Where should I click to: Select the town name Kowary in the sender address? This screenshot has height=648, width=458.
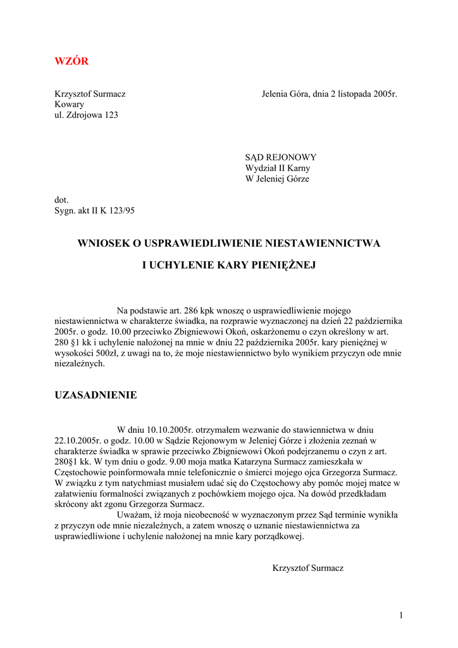coord(69,104)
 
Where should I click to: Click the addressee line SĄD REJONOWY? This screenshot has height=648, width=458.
coord(281,157)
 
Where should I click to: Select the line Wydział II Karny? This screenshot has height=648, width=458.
coord(278,168)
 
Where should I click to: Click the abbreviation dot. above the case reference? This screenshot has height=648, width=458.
coord(61,199)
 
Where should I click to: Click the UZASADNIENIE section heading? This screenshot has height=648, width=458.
coord(96,395)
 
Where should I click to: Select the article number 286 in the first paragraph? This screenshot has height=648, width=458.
coord(191,311)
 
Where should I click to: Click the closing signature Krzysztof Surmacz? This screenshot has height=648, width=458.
coord(307,568)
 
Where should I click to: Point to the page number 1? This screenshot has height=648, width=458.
coord(401,615)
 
